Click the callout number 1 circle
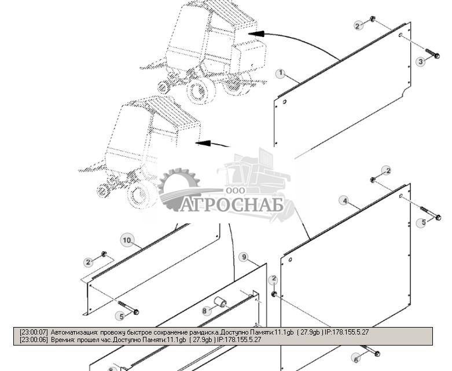click(281, 74)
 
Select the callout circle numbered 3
click(421, 62)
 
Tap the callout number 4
click(345, 201)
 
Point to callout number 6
click(356, 360)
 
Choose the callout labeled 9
click(244, 257)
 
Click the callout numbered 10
click(127, 240)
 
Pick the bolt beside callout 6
click(372, 352)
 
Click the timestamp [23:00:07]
click(34, 333)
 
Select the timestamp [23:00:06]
click(34, 340)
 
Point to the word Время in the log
click(61, 340)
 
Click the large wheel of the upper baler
click(199, 89)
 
